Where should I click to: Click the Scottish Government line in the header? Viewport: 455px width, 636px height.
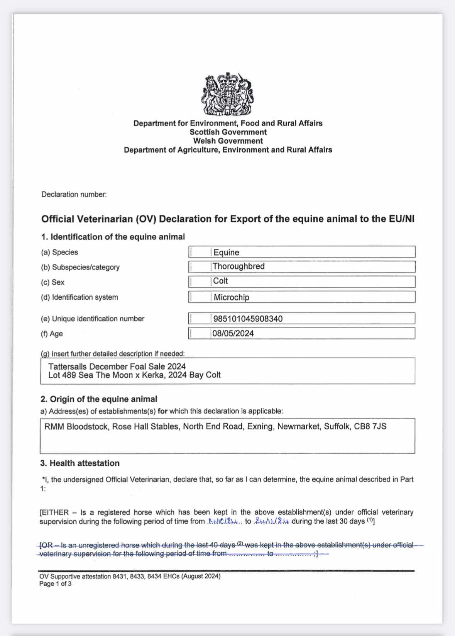228,132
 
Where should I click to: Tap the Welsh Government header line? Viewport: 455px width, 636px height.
228,141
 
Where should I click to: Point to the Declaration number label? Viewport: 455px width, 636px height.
74,195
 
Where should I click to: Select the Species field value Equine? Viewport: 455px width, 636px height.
227,253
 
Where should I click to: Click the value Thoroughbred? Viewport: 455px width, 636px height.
238,266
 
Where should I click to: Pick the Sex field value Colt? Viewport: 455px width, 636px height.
221,281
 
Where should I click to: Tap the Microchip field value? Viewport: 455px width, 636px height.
232,297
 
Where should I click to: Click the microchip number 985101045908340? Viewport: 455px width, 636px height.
248,319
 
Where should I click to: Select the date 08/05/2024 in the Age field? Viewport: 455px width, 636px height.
233,334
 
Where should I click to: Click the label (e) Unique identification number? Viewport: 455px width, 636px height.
93,319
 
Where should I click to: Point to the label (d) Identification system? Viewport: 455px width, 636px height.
79,297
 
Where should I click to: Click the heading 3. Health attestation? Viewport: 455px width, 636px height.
80,463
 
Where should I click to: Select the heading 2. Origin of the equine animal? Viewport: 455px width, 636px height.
99,399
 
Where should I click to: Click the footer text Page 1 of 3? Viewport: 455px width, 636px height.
55,584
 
